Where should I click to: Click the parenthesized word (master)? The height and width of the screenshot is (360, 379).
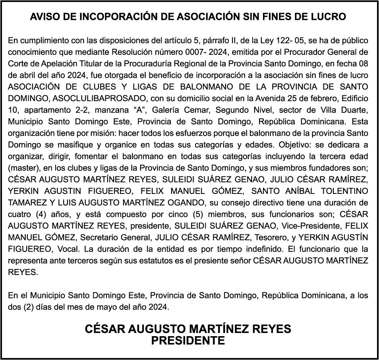pyautogui.click(x=23, y=167)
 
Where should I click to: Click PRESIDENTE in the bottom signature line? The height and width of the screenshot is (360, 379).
pyautogui.click(x=188, y=341)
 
